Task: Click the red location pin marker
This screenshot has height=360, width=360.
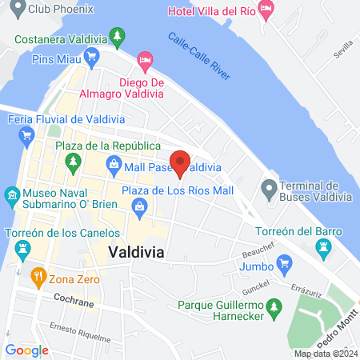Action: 181,163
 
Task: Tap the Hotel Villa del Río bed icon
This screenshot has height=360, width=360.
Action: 267,10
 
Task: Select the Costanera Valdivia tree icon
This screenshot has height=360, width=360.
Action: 118,36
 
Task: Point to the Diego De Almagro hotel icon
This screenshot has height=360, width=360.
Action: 145,60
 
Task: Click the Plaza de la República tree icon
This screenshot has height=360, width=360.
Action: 74,161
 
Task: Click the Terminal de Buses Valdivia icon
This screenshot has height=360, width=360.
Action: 268,190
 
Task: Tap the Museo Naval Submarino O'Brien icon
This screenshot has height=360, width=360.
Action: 12,195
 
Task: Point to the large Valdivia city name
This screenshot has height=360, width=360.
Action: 136,251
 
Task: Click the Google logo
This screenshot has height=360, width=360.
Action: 26,350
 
